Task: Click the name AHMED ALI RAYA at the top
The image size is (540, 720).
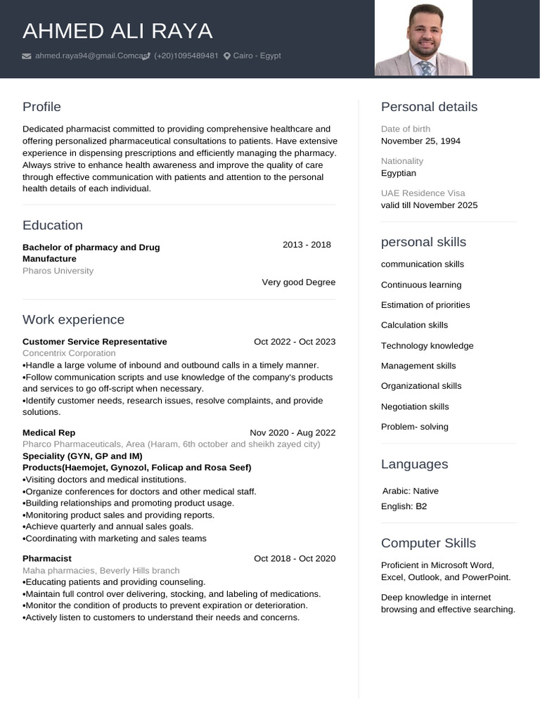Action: click(117, 31)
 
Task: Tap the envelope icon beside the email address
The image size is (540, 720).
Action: click(27, 56)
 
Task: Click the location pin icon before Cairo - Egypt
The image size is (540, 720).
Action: click(227, 56)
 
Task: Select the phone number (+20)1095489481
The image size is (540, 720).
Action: click(186, 56)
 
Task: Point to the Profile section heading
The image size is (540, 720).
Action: click(41, 107)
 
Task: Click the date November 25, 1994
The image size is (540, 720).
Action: click(420, 141)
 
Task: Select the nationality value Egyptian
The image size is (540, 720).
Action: click(399, 173)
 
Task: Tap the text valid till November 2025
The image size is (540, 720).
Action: click(429, 205)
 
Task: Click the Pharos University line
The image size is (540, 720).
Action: click(58, 271)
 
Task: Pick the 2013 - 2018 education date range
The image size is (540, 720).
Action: click(307, 245)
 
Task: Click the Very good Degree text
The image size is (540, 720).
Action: click(298, 282)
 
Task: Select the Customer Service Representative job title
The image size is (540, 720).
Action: click(95, 342)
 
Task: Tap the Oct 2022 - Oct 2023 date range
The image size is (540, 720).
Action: click(295, 342)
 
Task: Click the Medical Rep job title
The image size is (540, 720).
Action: click(49, 432)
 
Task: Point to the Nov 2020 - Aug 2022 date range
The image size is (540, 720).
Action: click(292, 432)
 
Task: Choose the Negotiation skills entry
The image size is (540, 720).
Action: click(415, 406)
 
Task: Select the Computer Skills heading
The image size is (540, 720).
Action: click(428, 543)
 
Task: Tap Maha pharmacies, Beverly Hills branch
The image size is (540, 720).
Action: click(101, 570)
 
